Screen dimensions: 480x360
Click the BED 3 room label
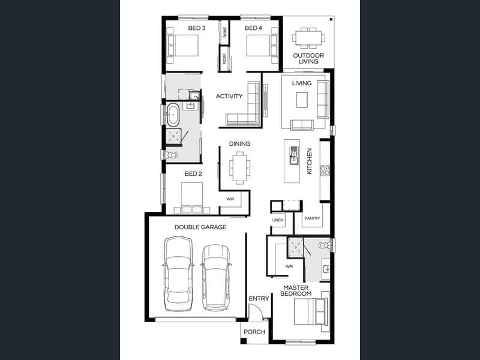(x=197, y=28)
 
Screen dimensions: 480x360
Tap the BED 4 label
(x=253, y=28)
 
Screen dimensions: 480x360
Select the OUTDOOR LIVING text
(x=308, y=58)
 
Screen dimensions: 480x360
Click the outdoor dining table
(x=308, y=38)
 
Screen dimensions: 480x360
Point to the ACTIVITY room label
(x=229, y=96)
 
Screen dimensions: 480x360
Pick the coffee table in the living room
(x=302, y=100)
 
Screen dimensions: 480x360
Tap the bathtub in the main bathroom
(x=173, y=115)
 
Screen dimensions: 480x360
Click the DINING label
(x=239, y=143)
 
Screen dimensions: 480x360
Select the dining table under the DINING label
(x=239, y=168)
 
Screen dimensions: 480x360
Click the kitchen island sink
(x=293, y=155)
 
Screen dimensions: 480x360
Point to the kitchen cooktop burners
(x=325, y=170)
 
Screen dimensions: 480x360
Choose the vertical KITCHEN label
(x=309, y=161)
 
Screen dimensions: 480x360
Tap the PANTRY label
(x=312, y=218)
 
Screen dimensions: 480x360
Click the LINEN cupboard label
(x=278, y=220)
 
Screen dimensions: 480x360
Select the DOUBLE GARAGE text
(x=200, y=227)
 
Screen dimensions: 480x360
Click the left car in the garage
(x=178, y=274)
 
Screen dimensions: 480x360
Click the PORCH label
(x=254, y=332)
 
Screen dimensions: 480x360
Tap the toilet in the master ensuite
(x=324, y=245)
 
